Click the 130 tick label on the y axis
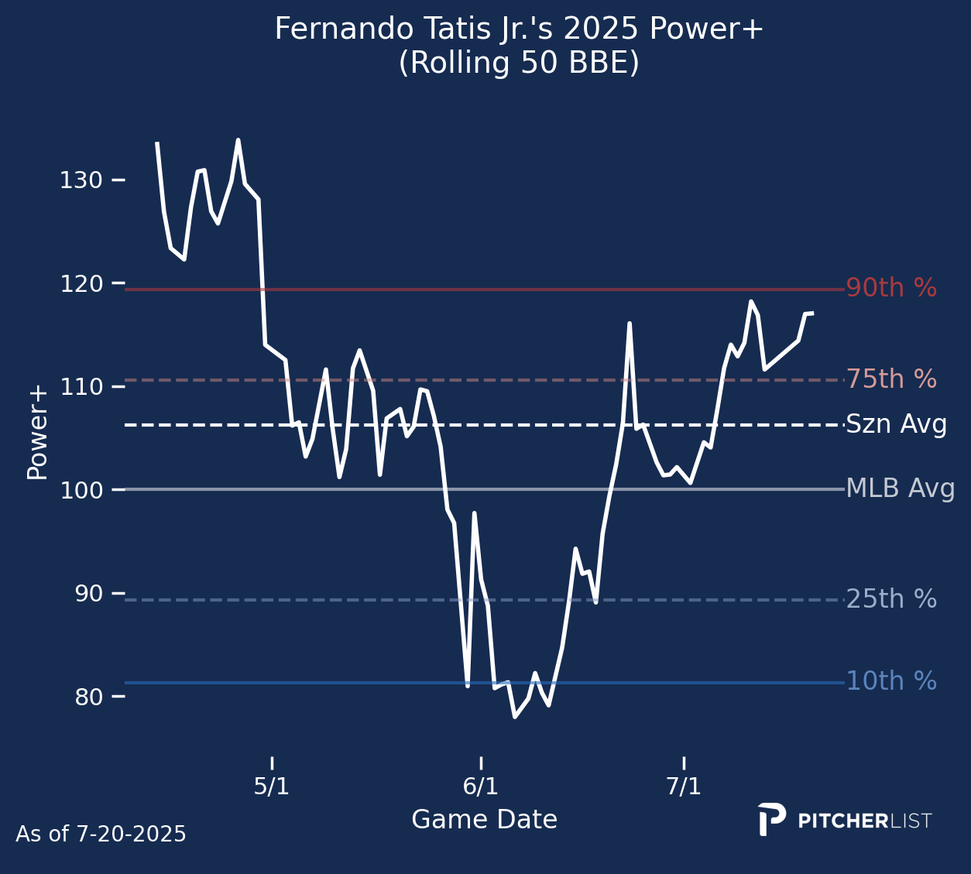coord(81,181)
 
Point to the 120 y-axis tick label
coord(81,284)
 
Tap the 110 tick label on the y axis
coord(81,387)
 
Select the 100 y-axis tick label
coord(81,490)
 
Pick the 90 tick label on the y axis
coord(87,594)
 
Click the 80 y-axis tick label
coord(87,697)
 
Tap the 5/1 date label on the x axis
coord(272,787)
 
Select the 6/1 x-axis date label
coord(481,787)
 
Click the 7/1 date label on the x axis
coord(684,787)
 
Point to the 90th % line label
coord(891,289)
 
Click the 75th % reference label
coord(891,380)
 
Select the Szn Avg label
coord(896,425)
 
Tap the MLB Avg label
coord(900,489)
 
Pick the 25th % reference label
coord(891,600)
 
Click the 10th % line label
coord(891,682)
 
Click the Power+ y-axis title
coord(37,433)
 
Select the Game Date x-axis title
coord(484,820)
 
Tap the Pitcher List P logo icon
coord(771,819)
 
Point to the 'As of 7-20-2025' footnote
coord(101,835)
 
